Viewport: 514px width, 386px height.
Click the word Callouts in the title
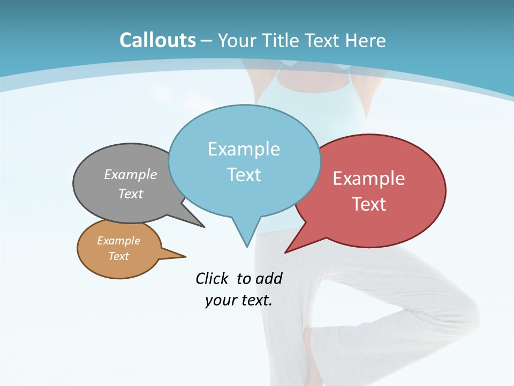[157, 40]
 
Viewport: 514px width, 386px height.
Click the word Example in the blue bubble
[244, 149]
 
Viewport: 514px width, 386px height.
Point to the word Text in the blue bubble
[244, 175]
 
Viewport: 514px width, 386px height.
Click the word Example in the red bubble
[369, 179]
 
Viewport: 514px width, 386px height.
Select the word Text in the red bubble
[369, 204]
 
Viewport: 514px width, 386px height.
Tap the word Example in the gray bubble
[131, 174]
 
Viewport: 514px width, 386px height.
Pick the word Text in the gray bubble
[131, 194]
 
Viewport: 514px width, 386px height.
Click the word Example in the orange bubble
[118, 241]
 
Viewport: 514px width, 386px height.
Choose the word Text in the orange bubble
[118, 256]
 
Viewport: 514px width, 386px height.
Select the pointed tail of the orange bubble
[179, 256]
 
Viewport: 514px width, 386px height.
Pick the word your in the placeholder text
[220, 300]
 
